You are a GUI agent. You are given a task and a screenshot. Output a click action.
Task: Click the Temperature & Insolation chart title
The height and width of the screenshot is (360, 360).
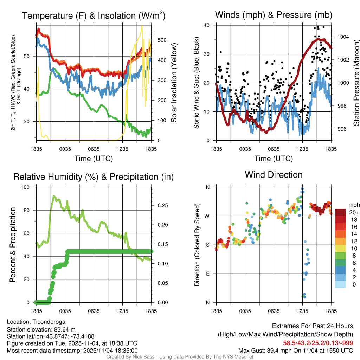click(94, 16)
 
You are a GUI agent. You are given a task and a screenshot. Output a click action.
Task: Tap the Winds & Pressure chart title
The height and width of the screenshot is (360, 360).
click(274, 15)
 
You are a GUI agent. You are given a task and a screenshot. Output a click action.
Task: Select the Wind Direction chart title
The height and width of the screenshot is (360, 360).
click(274, 175)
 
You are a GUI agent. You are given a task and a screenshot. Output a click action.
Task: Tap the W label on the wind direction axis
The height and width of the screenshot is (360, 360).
click(207, 216)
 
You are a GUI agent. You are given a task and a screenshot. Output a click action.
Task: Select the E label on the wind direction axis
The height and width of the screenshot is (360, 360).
click(208, 274)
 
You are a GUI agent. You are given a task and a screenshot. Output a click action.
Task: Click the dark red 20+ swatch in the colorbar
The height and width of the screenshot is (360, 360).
click(340, 212)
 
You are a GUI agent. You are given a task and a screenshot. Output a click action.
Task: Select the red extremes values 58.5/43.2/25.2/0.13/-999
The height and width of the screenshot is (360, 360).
click(318, 343)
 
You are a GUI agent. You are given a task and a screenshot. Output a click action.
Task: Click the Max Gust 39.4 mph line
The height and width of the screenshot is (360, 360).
click(296, 350)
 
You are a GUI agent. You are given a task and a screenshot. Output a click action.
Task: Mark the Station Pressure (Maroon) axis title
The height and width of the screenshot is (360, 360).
click(356, 83)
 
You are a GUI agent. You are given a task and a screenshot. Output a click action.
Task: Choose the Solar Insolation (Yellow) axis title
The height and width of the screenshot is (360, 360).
click(174, 83)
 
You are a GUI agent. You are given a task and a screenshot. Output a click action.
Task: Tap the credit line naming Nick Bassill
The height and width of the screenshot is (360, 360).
click(180, 357)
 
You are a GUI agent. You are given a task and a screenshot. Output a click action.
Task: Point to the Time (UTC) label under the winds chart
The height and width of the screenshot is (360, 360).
click(274, 159)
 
